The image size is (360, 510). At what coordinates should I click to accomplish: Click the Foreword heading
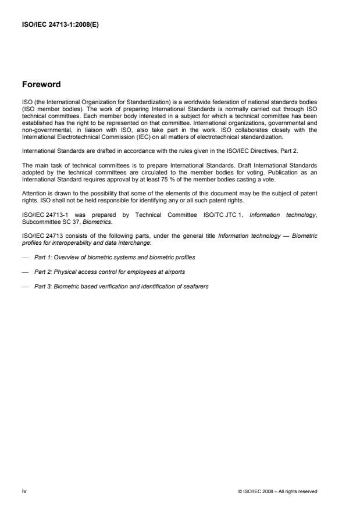tap(41, 84)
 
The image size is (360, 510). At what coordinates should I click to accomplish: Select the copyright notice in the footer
tap(278, 492)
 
